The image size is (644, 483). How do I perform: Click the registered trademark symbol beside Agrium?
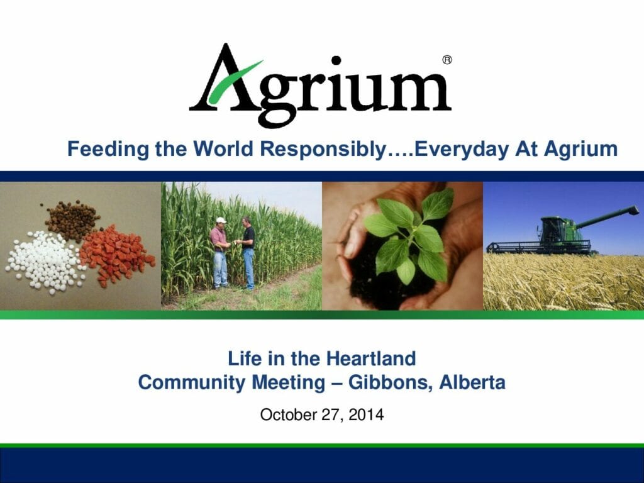[447, 60]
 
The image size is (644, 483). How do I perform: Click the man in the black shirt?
[248, 252]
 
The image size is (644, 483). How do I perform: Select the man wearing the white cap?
[219, 252]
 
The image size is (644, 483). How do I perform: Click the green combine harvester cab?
[552, 229]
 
